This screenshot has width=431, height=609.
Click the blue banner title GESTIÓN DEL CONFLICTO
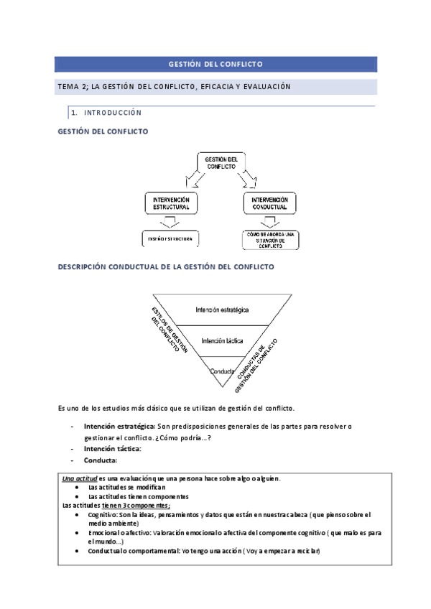(215, 65)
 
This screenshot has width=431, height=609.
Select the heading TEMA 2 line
(173, 87)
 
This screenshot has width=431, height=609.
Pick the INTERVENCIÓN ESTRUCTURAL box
(171, 203)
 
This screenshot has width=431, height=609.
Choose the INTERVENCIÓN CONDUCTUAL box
(269, 203)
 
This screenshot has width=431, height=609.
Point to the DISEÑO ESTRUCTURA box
(171, 239)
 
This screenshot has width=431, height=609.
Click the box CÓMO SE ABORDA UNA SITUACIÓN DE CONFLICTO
(269, 239)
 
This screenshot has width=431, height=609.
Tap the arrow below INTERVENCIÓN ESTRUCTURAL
(171, 222)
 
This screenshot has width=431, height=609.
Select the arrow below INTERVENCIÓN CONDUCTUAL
(269, 222)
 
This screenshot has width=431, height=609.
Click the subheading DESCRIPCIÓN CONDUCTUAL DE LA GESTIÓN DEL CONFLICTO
(165, 266)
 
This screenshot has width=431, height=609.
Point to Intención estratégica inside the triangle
(222, 310)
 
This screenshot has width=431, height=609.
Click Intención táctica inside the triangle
(222, 340)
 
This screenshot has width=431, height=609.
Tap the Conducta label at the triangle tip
(222, 371)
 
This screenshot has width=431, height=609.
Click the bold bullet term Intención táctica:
(112, 449)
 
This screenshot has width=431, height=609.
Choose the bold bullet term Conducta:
(100, 460)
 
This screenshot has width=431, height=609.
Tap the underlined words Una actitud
(80, 479)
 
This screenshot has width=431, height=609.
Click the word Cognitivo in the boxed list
(103, 515)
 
